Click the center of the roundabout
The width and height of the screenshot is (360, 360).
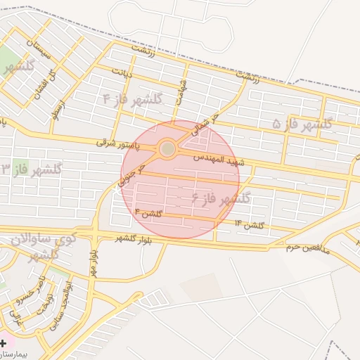[x=167, y=148]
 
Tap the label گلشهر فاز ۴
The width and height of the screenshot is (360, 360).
[x=132, y=98]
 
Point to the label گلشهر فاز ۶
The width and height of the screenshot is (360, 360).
[x=221, y=199]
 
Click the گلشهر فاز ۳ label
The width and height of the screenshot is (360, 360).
[x=32, y=169]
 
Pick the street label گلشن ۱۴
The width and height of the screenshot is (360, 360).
[x=249, y=224]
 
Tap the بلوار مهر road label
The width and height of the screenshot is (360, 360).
[x=92, y=264]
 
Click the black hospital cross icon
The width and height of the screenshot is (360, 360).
[x=4, y=342]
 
